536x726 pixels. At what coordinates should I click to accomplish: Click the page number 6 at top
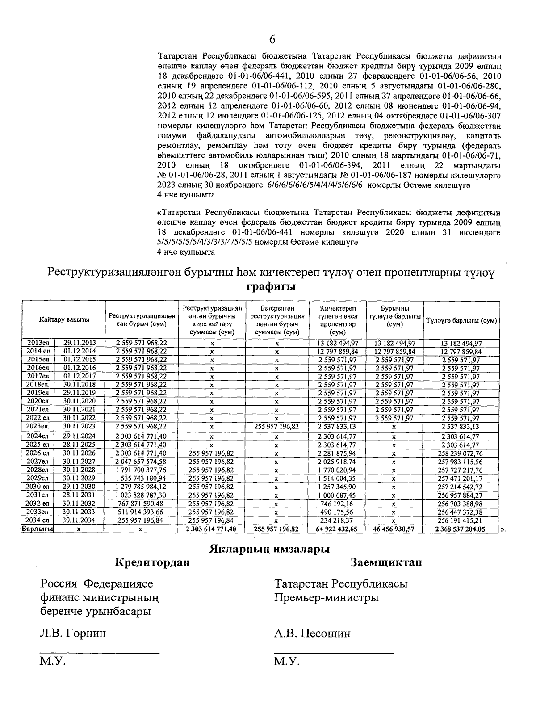tap(272, 40)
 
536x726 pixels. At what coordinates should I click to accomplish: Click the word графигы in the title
tap(272, 286)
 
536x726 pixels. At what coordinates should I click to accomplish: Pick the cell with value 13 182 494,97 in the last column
tap(461, 343)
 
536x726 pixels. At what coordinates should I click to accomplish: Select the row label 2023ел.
tap(38, 427)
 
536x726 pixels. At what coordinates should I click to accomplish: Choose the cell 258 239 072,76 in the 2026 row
tap(461, 453)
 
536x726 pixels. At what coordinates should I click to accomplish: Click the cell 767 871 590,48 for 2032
tap(141, 504)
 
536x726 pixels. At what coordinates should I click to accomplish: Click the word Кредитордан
tap(152, 562)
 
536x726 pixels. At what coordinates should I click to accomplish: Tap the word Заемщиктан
tap(386, 562)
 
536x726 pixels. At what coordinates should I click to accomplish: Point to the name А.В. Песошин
tap(313, 634)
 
